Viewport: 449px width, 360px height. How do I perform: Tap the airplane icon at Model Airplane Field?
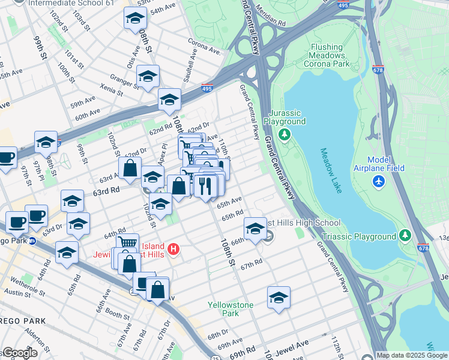pyautogui.click(x=378, y=181)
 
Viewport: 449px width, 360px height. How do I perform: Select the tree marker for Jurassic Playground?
pyautogui.click(x=286, y=134)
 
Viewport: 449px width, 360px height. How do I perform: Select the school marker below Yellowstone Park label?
pyautogui.click(x=278, y=298)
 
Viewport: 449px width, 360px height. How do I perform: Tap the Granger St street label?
pyautogui.click(x=124, y=79)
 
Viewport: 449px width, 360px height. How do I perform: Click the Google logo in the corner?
pyautogui.click(x=19, y=353)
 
